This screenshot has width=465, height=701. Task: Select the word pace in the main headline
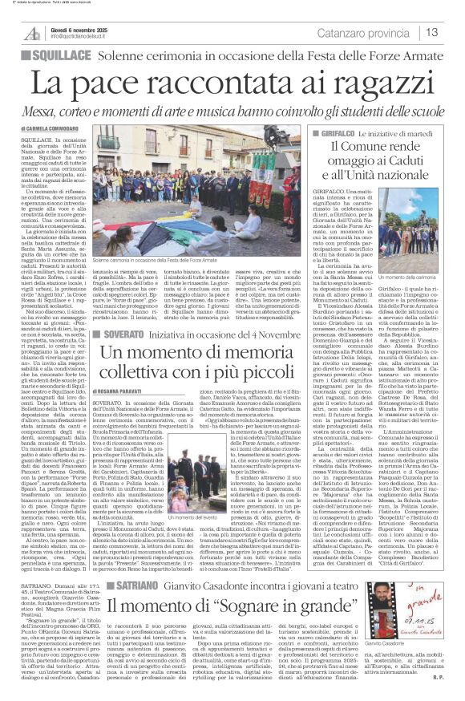129,81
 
